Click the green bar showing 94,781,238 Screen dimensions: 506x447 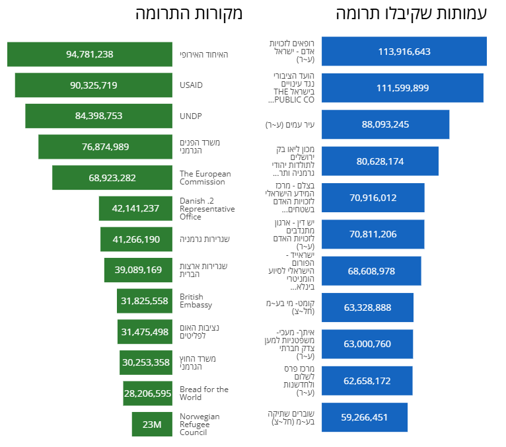pyautogui.click(x=90, y=54)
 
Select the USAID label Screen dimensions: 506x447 pyautogui.click(x=191, y=85)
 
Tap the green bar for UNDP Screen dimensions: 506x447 pyautogui.click(x=98, y=116)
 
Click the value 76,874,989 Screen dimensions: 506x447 pyautogui.click(x=105, y=147)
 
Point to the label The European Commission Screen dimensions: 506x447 pyautogui.click(x=205, y=178)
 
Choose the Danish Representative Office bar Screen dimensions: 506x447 pyautogui.click(x=135, y=208)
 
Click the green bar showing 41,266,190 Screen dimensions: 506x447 pyautogui.click(x=136, y=239)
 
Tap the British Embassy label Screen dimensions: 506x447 pyautogui.click(x=196, y=301)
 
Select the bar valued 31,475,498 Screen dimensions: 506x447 pyautogui.click(x=145, y=332)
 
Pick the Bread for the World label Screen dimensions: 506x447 pyautogui.click(x=204, y=393)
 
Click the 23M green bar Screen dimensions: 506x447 pyautogui.click(x=152, y=424)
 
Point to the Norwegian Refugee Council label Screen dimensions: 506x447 pyautogui.click(x=199, y=425)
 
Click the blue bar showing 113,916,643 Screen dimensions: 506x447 pyautogui.click(x=404, y=52)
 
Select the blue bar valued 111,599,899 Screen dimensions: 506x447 pyautogui.click(x=402, y=88)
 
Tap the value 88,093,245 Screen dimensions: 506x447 pyautogui.click(x=385, y=124)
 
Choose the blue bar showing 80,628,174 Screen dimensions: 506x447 pyautogui.click(x=380, y=161)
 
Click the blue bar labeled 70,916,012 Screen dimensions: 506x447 pyautogui.click(x=373, y=198)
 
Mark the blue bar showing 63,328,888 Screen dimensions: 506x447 pyautogui.click(x=367, y=307)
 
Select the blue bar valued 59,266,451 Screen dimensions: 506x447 pyautogui.click(x=365, y=417)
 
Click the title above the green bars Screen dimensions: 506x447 pyautogui.click(x=189, y=14)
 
